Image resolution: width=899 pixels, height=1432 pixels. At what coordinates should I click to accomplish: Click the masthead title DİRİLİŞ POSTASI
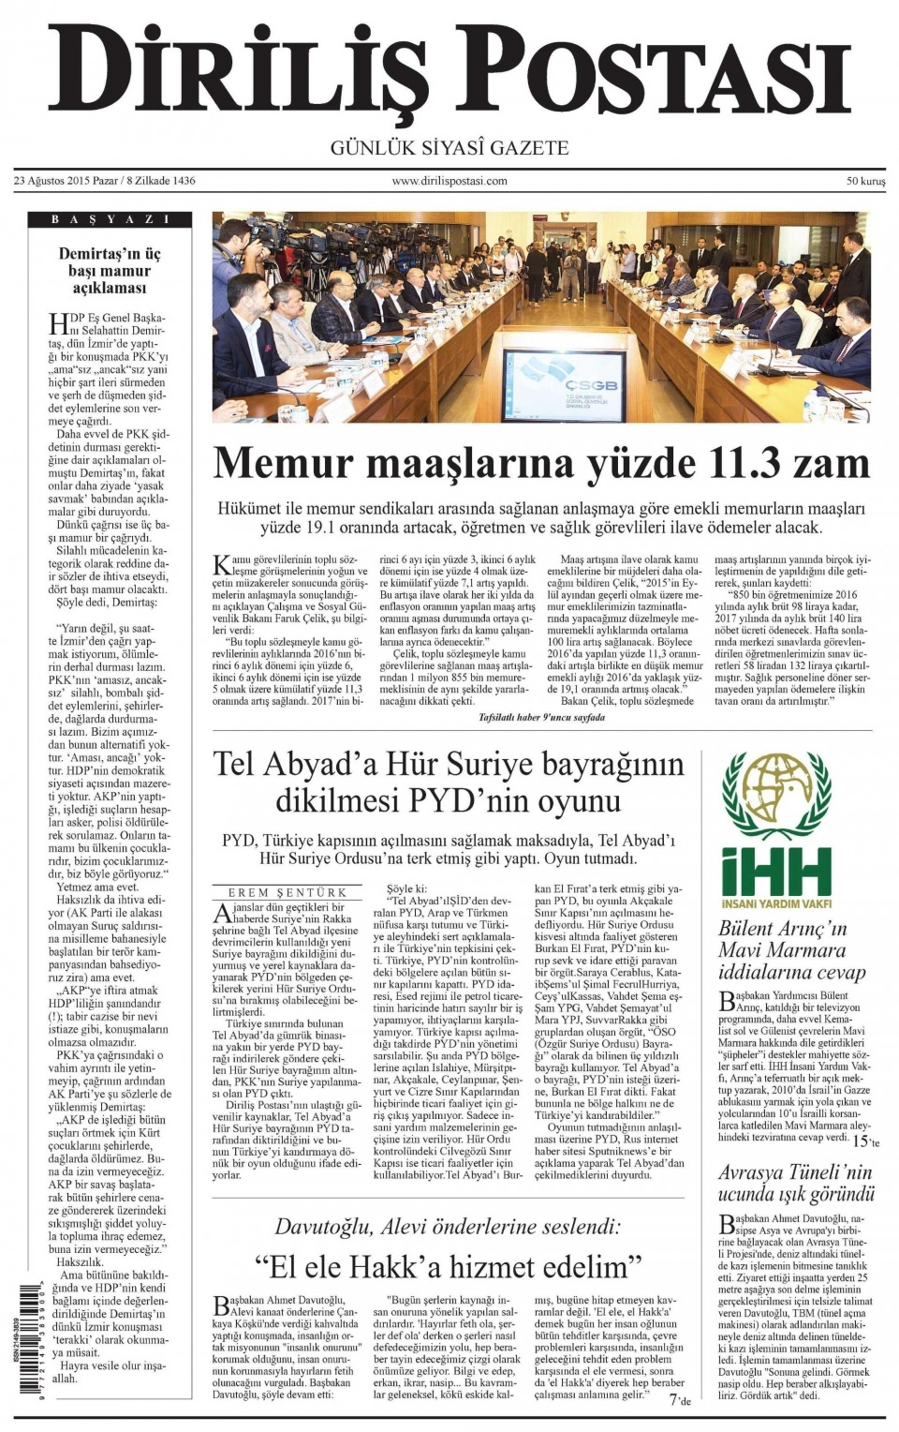coord(449,73)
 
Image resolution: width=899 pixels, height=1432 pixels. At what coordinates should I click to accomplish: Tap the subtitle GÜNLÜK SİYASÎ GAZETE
coord(449,148)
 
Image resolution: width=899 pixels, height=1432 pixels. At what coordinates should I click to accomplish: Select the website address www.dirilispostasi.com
coord(449,181)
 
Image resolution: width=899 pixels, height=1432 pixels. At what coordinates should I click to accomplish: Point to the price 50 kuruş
coord(865,181)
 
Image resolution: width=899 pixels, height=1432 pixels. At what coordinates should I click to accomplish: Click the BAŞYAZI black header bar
coord(111,219)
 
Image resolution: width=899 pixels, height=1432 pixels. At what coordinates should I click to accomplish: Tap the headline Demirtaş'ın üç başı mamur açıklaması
coord(111,271)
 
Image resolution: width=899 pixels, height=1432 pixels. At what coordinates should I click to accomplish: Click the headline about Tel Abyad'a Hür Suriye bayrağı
coord(449,783)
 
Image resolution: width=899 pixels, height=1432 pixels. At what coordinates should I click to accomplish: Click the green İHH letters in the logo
coord(776,872)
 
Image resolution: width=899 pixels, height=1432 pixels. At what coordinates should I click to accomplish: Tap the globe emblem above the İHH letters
coord(776,796)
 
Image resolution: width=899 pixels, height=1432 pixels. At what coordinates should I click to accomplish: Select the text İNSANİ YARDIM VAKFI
coord(776,906)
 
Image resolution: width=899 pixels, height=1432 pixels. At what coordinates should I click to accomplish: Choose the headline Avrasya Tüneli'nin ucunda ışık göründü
coord(795,1183)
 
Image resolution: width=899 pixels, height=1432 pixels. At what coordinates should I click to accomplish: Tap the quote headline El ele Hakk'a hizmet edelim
coord(449,1267)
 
